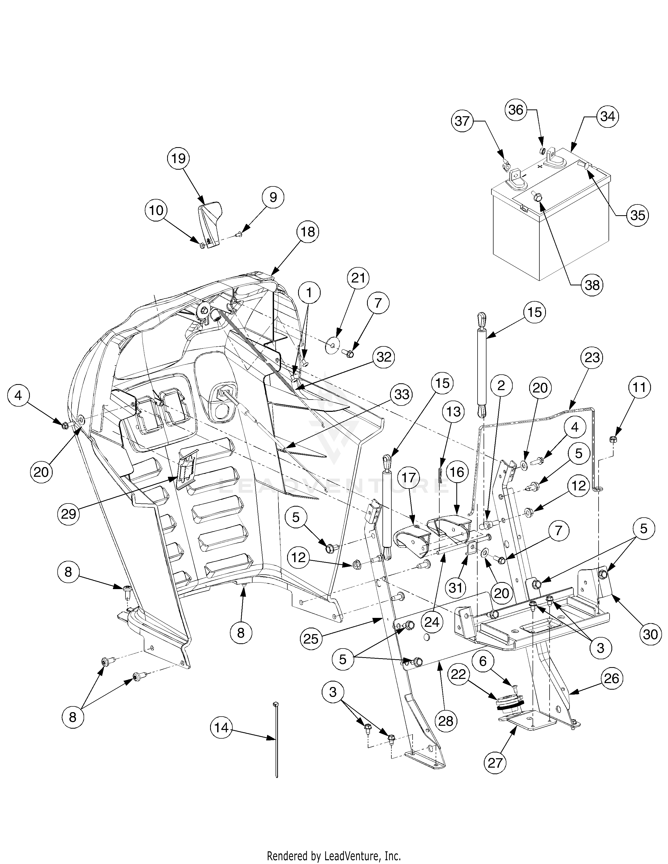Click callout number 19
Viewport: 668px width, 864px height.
(178, 159)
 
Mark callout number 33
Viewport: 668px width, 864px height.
(401, 394)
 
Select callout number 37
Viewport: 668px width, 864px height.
(462, 121)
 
